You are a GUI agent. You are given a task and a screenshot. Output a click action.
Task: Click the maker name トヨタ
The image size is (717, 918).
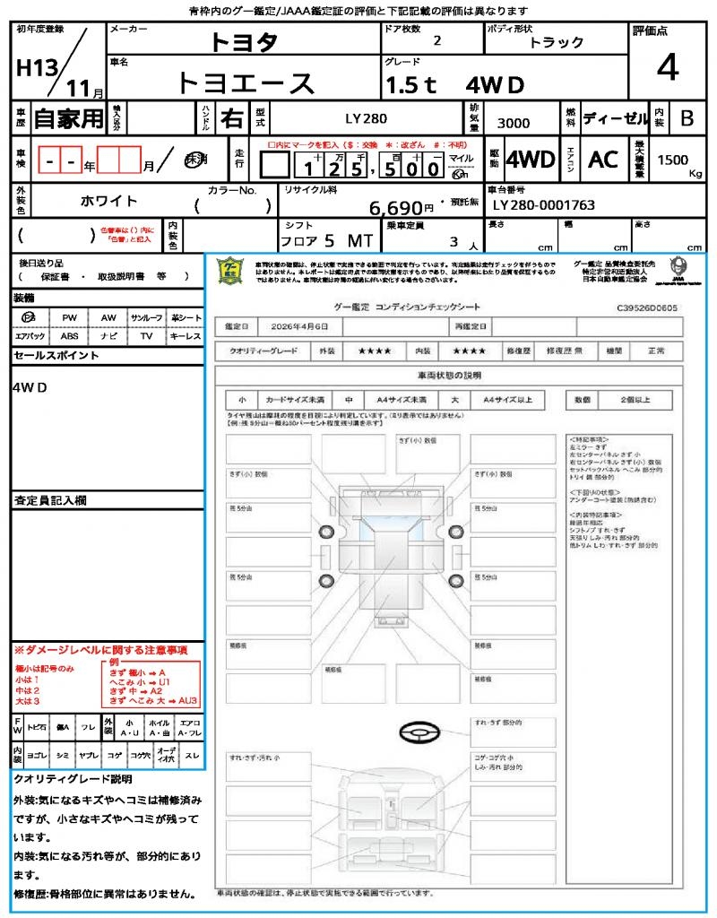244,42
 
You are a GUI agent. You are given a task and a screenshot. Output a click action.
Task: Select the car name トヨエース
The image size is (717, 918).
246,82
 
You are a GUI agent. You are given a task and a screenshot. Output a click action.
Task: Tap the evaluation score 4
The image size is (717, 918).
667,68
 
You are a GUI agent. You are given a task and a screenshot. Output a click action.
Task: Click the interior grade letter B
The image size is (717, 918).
687,118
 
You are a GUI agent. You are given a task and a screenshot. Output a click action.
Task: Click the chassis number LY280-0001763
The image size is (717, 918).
544,205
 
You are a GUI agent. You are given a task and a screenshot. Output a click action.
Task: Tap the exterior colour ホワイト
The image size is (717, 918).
109,201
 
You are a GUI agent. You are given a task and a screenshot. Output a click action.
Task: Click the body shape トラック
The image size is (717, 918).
556,42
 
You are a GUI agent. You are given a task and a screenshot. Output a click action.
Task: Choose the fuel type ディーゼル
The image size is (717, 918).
615,118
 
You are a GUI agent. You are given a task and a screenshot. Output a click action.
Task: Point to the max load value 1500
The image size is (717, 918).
673,160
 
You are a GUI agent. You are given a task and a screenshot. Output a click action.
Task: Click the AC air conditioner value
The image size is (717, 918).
603,160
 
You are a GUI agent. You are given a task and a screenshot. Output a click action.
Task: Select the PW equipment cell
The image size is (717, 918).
69,317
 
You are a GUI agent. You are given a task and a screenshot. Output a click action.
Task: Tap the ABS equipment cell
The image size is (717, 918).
69,336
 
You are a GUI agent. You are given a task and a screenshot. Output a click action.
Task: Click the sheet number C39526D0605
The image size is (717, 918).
647,307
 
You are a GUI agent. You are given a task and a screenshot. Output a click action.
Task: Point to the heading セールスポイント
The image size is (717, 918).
56,356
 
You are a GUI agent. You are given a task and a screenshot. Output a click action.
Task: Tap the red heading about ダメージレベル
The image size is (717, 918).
100,649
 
